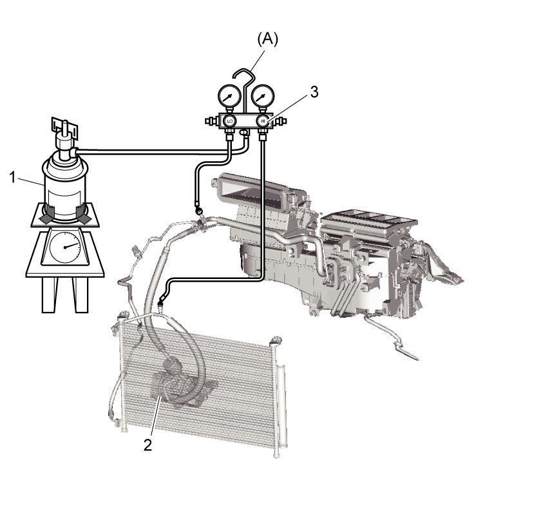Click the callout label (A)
(267, 40)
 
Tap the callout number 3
(314, 92)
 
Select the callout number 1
(12, 178)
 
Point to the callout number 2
(148, 445)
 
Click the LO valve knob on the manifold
(229, 121)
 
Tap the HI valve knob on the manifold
(263, 121)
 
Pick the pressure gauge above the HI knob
(263, 96)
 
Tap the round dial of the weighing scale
(65, 247)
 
